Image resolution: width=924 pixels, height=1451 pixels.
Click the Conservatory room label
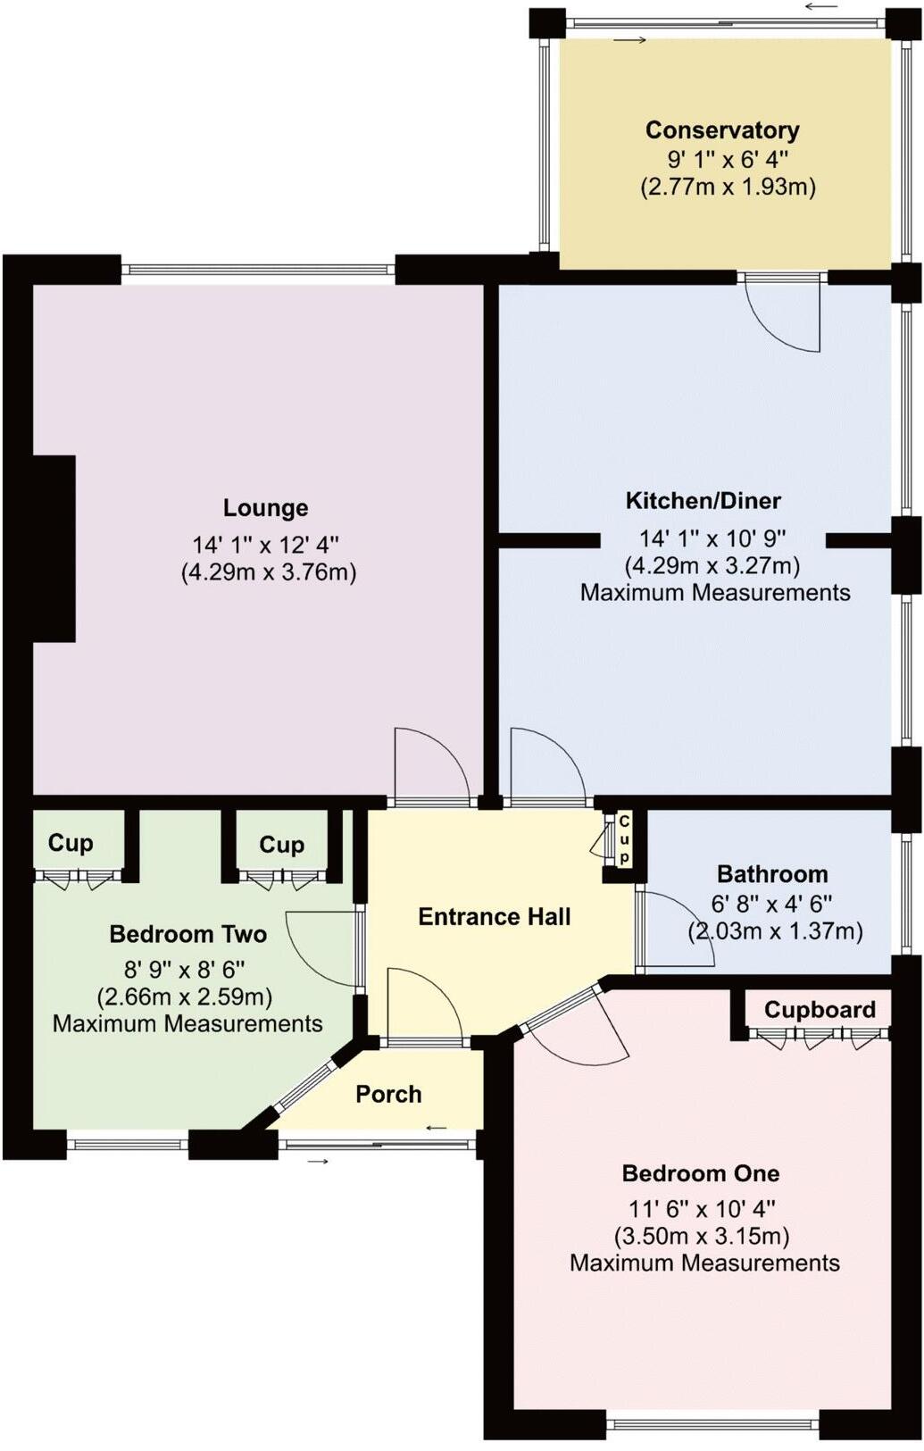(x=721, y=130)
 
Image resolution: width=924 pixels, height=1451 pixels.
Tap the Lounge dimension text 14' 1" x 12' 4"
(x=265, y=544)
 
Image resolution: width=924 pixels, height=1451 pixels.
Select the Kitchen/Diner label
(x=703, y=501)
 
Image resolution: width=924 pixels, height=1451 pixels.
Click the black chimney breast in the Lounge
(x=54, y=548)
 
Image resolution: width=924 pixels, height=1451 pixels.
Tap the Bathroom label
(x=772, y=874)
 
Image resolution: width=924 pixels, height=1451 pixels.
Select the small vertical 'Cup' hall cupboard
(x=623, y=839)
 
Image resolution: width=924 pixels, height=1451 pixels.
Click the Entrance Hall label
(x=494, y=917)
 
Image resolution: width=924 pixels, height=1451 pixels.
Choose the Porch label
(x=388, y=1095)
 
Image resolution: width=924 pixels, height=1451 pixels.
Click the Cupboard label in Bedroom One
(x=820, y=1010)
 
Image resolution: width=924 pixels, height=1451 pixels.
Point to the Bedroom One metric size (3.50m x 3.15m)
(x=702, y=1237)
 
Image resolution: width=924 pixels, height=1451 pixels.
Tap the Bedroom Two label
(x=187, y=935)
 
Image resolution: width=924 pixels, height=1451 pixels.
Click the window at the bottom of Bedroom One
(x=712, y=1422)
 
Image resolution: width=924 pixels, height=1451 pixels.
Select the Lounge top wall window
(x=257, y=269)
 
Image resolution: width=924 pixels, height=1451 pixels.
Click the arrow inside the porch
(x=436, y=1128)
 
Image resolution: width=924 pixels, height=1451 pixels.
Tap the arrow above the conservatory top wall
(x=821, y=7)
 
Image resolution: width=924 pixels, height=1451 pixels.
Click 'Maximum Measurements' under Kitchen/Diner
(x=714, y=593)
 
